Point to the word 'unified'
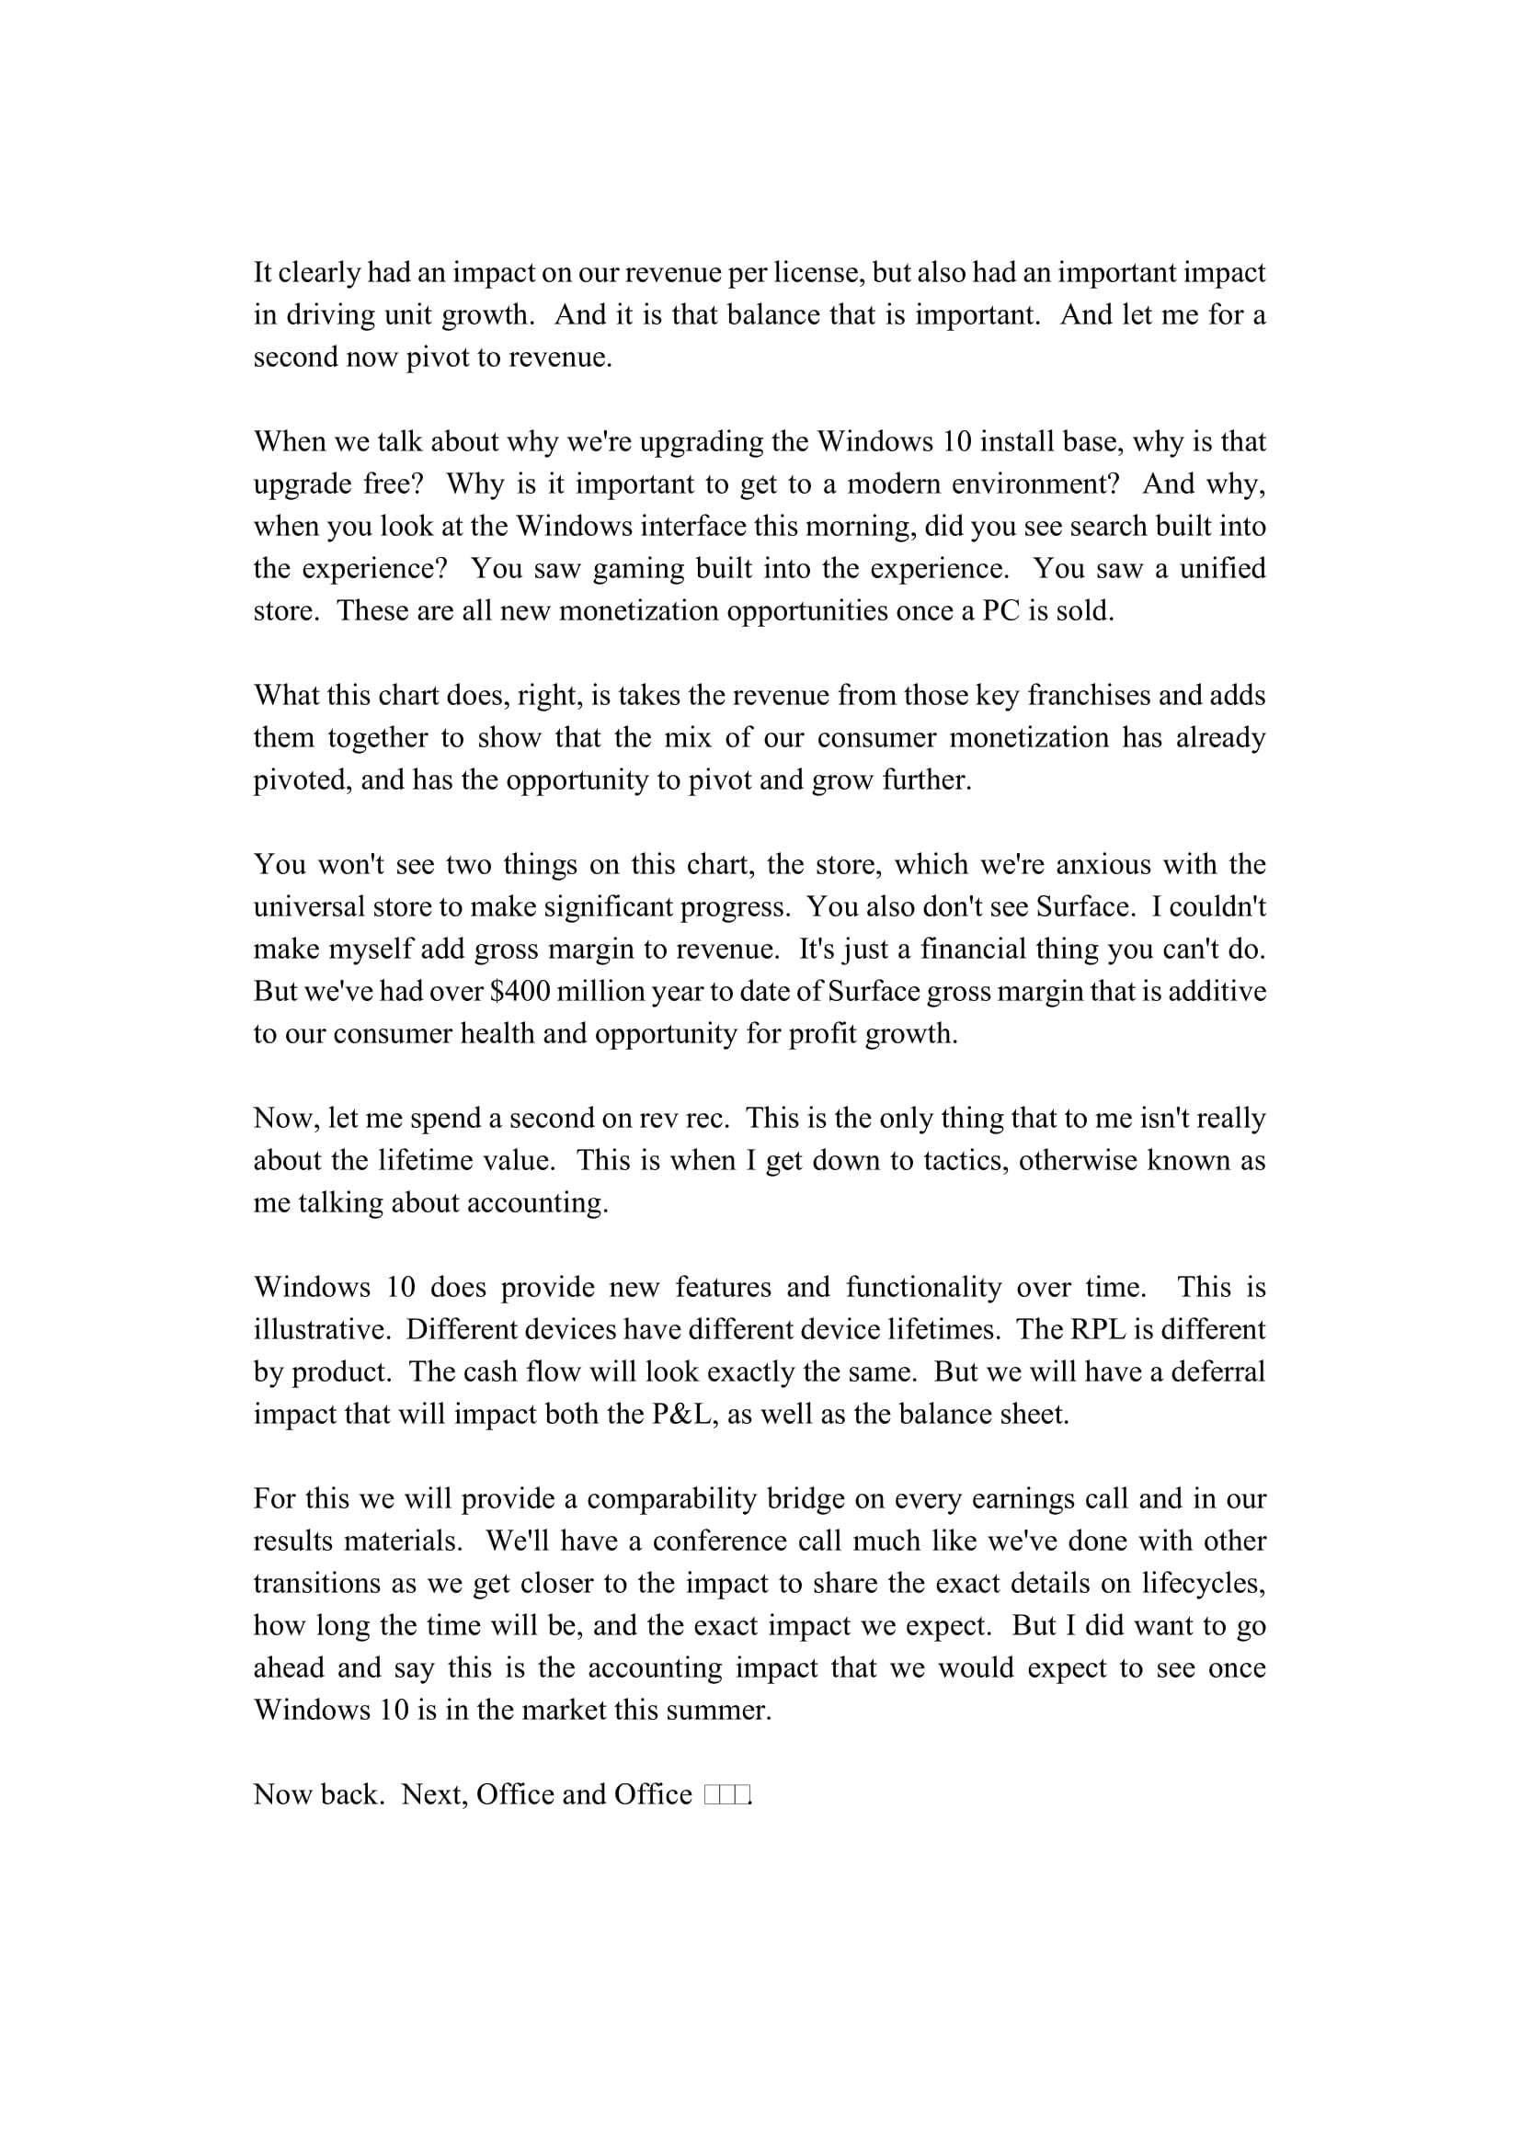tap(1222, 568)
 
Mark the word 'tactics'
tap(966, 1160)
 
